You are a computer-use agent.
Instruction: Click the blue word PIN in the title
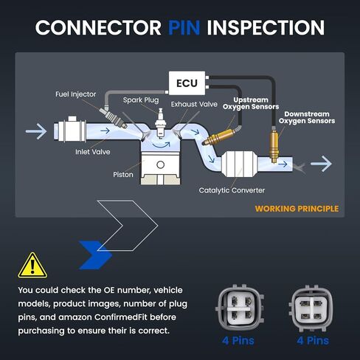click(x=184, y=27)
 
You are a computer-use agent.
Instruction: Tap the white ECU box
click(x=187, y=83)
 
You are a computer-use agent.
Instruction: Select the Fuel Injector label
click(x=76, y=94)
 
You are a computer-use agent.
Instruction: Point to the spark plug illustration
click(x=161, y=123)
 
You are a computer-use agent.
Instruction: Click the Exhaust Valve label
click(x=194, y=104)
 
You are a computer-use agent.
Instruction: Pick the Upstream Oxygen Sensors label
click(x=251, y=103)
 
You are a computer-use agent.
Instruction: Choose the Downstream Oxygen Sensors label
click(x=307, y=117)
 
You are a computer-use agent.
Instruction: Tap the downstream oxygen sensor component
click(x=274, y=145)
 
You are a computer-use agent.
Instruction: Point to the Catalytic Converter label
click(x=232, y=190)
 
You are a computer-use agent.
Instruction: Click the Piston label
click(x=123, y=175)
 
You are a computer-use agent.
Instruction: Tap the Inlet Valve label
click(x=93, y=152)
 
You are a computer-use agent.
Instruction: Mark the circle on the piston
click(x=160, y=165)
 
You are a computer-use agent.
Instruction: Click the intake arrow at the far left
click(x=36, y=131)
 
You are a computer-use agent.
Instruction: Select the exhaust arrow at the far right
click(x=321, y=164)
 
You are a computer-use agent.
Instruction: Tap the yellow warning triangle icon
click(x=32, y=266)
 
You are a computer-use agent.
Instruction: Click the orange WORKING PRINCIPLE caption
click(x=297, y=209)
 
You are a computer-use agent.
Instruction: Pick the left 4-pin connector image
click(x=240, y=308)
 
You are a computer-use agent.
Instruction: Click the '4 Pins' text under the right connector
click(x=313, y=341)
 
